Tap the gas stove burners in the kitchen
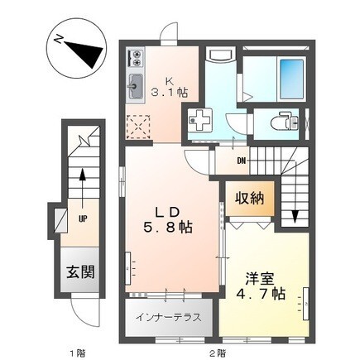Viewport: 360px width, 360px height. pyautogui.click(x=136, y=57)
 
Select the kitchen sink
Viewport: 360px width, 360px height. pyautogui.click(x=135, y=86)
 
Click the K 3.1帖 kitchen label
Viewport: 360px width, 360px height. pyautogui.click(x=170, y=87)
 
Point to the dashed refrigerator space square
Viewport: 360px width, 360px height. pyautogui.click(x=138, y=127)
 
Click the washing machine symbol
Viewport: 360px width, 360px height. pyautogui.click(x=199, y=120)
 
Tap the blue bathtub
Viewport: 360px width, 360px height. pyautogui.click(x=291, y=79)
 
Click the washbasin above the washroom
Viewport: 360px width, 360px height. pyautogui.click(x=221, y=55)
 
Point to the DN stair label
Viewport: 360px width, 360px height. pyautogui.click(x=242, y=161)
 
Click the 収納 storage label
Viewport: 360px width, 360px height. pyautogui.click(x=250, y=198)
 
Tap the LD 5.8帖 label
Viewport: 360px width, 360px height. pyautogui.click(x=167, y=220)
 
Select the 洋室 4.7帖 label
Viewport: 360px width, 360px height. pyautogui.click(x=261, y=286)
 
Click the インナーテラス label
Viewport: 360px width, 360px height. pyautogui.click(x=168, y=318)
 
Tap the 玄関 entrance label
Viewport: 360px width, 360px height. pyautogui.click(x=80, y=272)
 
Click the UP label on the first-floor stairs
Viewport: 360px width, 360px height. pyautogui.click(x=83, y=219)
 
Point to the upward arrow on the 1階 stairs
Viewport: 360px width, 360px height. pyautogui.click(x=82, y=188)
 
